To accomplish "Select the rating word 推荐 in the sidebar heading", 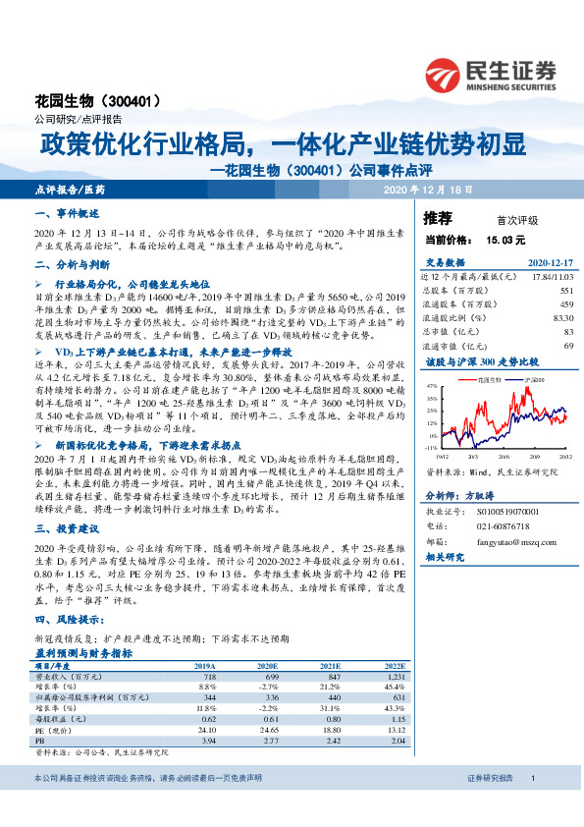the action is pyautogui.click(x=438, y=218).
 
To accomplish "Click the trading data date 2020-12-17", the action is pyautogui.click(x=549, y=262).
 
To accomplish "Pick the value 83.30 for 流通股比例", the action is pyautogui.click(x=562, y=318).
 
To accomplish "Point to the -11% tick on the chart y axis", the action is pyautogui.click(x=431, y=448).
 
